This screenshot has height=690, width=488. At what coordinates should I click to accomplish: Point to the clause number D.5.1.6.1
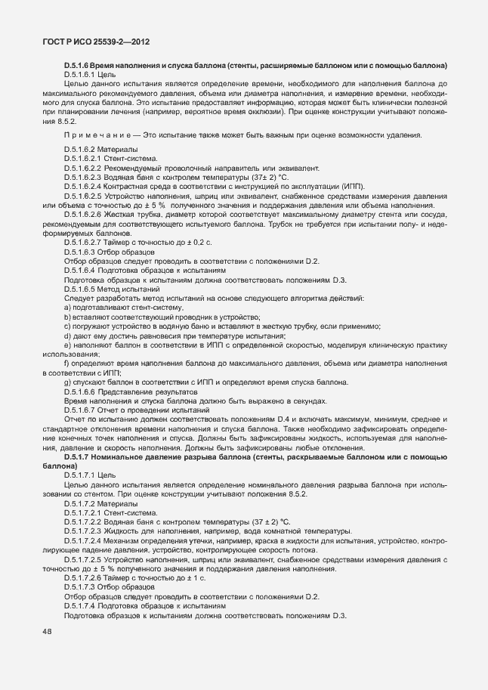point(82,75)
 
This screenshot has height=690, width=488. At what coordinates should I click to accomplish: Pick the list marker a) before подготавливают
point(67,308)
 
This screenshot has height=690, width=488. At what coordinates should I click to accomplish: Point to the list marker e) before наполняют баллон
point(67,343)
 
